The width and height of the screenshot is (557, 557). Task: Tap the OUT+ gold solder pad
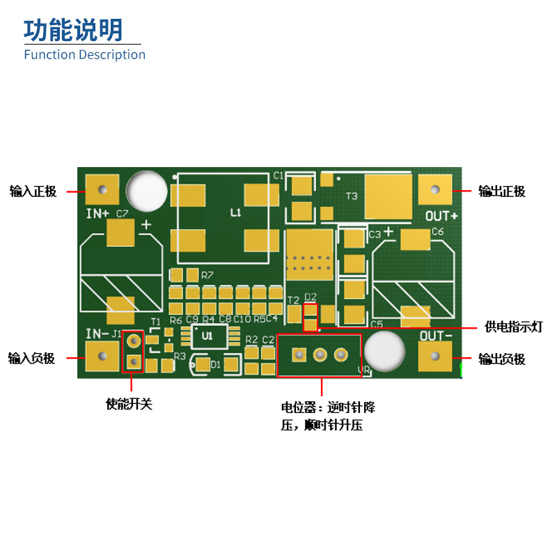point(435,189)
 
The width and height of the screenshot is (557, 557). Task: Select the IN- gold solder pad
point(102,356)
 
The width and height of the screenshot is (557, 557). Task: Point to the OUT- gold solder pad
point(435,356)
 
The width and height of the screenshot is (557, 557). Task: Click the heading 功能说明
point(73,30)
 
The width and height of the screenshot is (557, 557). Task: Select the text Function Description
point(84,54)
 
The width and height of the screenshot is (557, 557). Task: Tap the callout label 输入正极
point(33,191)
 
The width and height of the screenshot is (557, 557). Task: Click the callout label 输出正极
point(501,191)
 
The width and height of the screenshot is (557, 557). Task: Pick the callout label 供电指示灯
point(513,327)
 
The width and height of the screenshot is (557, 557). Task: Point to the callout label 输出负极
point(501,359)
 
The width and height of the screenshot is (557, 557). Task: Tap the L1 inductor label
point(235,212)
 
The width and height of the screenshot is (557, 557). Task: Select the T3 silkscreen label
point(352,196)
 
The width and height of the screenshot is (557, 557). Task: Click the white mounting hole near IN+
point(147,190)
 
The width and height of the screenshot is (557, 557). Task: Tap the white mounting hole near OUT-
point(384,351)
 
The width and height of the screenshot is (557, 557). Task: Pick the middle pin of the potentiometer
point(320,356)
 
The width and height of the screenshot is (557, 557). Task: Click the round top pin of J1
point(133,341)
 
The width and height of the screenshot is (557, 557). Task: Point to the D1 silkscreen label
point(216,364)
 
